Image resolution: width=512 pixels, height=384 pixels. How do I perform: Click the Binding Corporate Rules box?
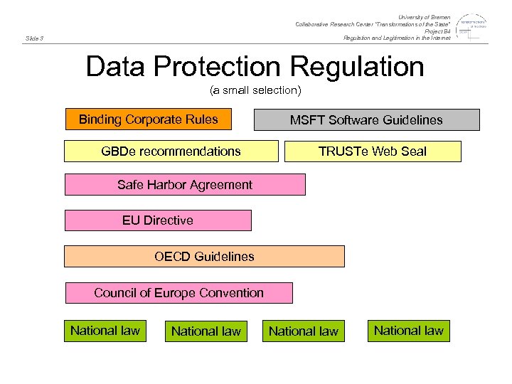coord(148,119)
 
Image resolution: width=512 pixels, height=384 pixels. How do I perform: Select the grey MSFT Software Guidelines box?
coord(366,119)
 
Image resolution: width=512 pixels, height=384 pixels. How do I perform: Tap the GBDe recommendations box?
coord(171,151)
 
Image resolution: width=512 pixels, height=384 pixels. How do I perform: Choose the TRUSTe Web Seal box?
coord(373,151)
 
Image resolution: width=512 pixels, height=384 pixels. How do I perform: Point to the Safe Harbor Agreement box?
coord(185,185)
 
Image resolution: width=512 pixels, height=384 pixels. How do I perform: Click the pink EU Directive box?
coord(158,220)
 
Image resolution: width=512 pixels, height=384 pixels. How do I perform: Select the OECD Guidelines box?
coord(204,256)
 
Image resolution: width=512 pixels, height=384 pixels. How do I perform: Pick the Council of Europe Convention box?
coord(178,293)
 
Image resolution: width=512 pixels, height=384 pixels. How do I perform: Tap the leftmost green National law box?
coord(105,331)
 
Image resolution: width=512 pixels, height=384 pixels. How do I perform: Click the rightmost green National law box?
coord(408,331)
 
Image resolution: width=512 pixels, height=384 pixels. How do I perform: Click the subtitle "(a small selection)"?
coord(255,90)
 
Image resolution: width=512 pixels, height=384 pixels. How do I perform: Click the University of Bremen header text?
coord(424,17)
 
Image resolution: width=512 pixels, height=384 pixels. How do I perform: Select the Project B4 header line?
coord(437,31)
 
